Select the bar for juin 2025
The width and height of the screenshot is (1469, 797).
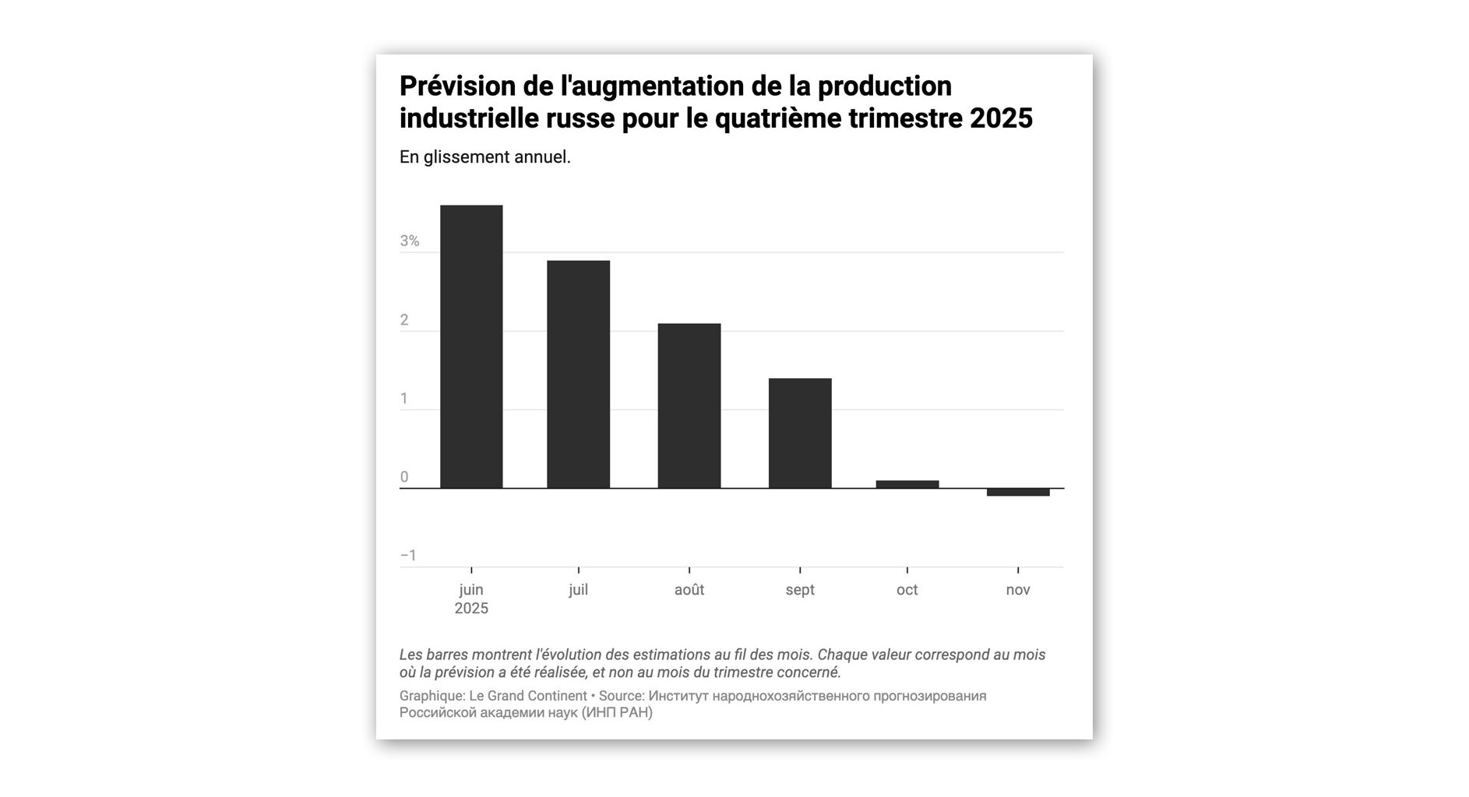pos(471,346)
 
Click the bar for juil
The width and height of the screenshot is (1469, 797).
pos(578,374)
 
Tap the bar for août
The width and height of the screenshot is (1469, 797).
pos(689,406)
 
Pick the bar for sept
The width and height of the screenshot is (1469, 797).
pos(800,433)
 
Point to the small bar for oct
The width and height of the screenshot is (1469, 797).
pos(907,484)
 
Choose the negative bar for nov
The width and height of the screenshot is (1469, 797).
pos(1017,492)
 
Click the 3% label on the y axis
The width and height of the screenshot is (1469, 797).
pos(410,241)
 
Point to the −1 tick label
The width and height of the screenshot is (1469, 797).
pos(408,556)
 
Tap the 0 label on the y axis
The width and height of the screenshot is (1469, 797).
pos(404,477)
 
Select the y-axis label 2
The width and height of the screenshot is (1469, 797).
pos(404,320)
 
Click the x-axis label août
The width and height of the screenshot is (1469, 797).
pos(689,590)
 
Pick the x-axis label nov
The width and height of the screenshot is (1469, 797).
pos(1017,590)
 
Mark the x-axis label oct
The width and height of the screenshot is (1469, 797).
pos(907,590)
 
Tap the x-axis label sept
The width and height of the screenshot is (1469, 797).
pos(800,590)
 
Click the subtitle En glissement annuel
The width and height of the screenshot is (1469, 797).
pos(484,157)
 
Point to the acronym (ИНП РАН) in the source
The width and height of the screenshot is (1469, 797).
pos(616,713)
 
